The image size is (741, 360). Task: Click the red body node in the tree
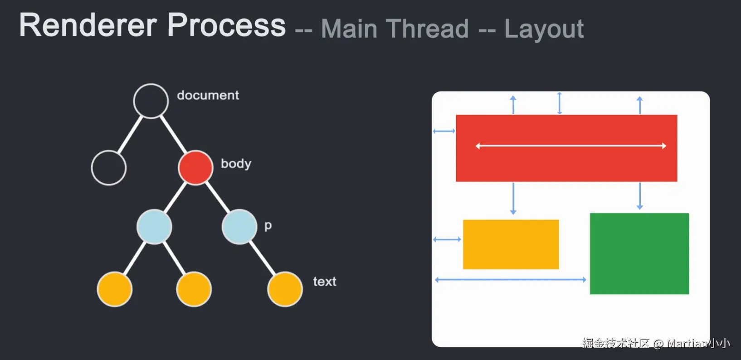tap(195, 168)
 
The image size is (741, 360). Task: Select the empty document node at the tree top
tap(151, 101)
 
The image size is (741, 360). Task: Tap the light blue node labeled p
tap(239, 227)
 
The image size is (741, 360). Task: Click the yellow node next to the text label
tap(285, 289)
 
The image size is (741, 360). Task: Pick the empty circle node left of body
tap(109, 168)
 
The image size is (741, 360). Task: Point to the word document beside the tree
tap(208, 95)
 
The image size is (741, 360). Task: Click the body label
tap(236, 164)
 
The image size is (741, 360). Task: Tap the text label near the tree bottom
tap(325, 282)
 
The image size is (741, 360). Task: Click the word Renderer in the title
tap(88, 25)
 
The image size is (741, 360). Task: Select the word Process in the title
tap(227, 25)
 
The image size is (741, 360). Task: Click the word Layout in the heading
tap(544, 29)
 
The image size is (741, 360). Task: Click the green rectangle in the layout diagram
tap(639, 253)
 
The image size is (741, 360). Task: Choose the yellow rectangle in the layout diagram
tap(511, 244)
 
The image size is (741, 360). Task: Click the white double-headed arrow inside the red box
tap(570, 146)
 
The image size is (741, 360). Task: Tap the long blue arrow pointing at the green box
tap(510, 280)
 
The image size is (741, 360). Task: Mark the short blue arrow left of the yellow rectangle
tap(447, 239)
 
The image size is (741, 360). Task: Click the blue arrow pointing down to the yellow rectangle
tap(513, 199)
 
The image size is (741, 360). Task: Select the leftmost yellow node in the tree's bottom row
tap(115, 289)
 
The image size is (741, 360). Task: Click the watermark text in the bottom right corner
tap(656, 343)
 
